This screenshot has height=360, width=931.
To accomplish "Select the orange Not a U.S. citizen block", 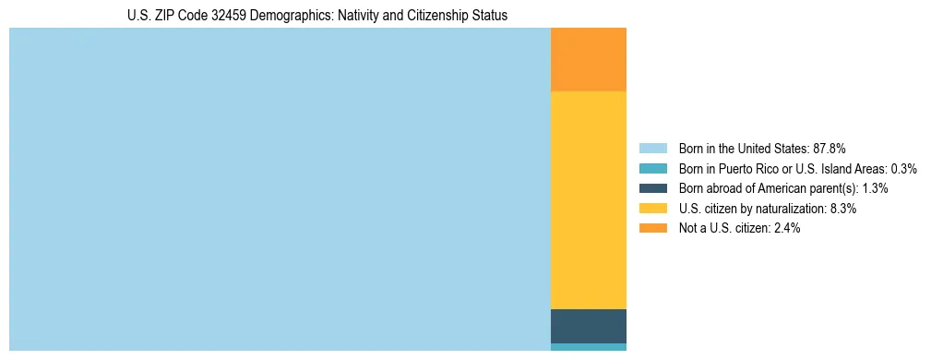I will pyautogui.click(x=589, y=60).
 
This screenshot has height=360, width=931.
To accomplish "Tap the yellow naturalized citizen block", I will pyautogui.click(x=589, y=200).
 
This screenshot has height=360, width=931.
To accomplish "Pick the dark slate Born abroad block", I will pyautogui.click(x=589, y=326).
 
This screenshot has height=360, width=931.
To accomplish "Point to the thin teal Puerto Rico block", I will pyautogui.click(x=589, y=347).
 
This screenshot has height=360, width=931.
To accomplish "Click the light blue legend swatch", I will pyautogui.click(x=652, y=148).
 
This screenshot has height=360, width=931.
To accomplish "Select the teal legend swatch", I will pyautogui.click(x=652, y=168).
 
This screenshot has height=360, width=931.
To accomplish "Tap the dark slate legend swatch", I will pyautogui.click(x=652, y=188).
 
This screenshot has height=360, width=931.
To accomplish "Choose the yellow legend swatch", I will pyautogui.click(x=652, y=209).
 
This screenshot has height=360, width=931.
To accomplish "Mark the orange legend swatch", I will pyautogui.click(x=652, y=228).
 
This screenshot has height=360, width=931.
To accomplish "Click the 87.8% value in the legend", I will pyautogui.click(x=829, y=148).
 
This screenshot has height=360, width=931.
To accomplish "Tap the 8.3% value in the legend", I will pyautogui.click(x=843, y=209).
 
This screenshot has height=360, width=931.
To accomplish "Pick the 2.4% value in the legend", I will pyautogui.click(x=786, y=228).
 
